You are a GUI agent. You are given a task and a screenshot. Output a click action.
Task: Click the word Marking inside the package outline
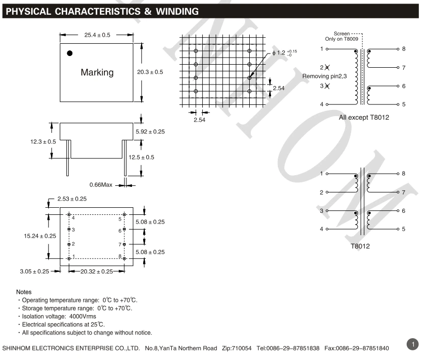coord(97,72)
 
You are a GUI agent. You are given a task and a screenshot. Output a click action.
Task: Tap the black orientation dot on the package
coord(69,53)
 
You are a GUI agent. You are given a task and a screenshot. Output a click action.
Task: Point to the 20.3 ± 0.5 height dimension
coord(150,72)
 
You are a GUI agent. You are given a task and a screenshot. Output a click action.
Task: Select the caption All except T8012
coord(364,118)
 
